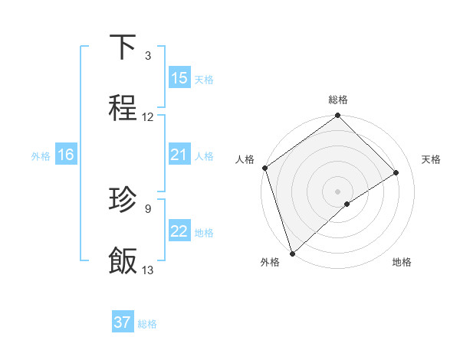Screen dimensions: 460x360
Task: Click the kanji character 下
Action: [123, 47]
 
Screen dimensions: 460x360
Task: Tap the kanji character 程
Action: [123, 109]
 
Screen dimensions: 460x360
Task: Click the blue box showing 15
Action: [179, 78]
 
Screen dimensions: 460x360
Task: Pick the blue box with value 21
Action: [179, 155]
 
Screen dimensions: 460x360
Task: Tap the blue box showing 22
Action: [179, 231]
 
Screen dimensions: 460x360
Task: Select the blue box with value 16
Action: [66, 155]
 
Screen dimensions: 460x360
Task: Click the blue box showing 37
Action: [123, 322]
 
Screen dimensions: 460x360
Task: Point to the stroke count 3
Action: [148, 56]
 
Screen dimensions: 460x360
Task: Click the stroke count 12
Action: [148, 117]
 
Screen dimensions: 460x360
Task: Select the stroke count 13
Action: [148, 270]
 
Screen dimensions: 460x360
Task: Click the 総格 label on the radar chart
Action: [338, 100]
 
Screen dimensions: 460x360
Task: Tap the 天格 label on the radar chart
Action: [432, 159]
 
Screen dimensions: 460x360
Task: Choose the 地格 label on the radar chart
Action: [402, 263]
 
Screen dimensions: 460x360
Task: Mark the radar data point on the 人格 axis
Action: [264, 168]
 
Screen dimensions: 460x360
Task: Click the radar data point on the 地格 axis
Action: [347, 204]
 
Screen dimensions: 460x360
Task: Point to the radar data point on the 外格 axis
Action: [292, 253]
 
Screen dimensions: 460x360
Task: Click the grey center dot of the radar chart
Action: [338, 191]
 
